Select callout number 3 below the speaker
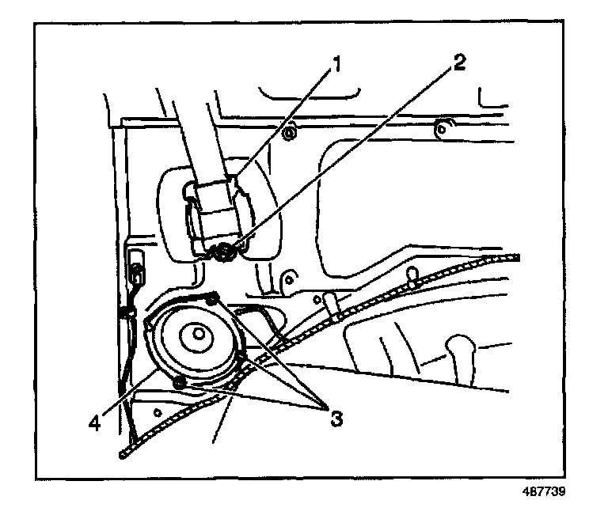click(336, 417)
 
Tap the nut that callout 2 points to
click(224, 252)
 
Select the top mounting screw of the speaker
click(211, 298)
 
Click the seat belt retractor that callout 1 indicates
click(215, 210)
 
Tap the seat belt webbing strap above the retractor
click(193, 134)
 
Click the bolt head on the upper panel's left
click(288, 134)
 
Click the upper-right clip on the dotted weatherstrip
click(412, 276)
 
